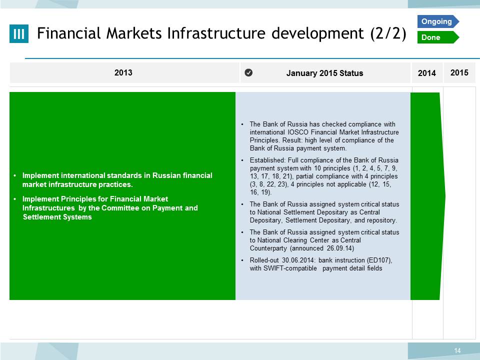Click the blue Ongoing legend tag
click(438, 21)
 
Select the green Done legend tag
click(438, 37)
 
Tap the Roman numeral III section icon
click(19, 33)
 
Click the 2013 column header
click(123, 72)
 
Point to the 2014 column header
click(426, 73)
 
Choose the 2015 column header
click(459, 72)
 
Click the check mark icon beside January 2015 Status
click(248, 72)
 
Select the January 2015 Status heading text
click(325, 73)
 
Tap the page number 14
click(457, 350)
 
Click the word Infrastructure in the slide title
click(217, 33)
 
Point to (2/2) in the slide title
click(388, 33)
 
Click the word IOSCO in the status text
click(298, 132)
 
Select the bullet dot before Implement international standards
click(15, 175)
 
